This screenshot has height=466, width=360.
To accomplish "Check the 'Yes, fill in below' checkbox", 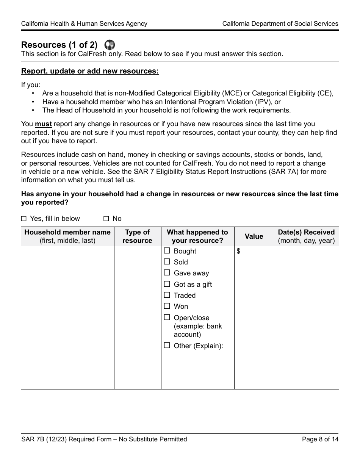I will pyautogui.click(x=24, y=219).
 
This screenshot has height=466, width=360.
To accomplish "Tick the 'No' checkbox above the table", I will pyautogui.click(x=106, y=219).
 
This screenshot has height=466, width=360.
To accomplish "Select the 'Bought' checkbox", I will pyautogui.click(x=167, y=251).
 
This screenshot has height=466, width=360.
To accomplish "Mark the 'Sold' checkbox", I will pyautogui.click(x=167, y=262).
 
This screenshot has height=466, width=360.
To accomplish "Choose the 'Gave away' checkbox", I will pyautogui.click(x=167, y=273).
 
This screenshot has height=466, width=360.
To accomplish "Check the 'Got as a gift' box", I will pyautogui.click(x=167, y=284).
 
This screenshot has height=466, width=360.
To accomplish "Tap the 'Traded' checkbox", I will pyautogui.click(x=167, y=295).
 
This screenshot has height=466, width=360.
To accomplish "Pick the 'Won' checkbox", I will pyautogui.click(x=167, y=306).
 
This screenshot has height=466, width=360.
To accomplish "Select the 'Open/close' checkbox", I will pyautogui.click(x=167, y=317).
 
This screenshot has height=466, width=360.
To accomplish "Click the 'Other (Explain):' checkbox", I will pyautogui.click(x=167, y=346).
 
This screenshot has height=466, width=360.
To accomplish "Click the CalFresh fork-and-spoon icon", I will pyautogui.click(x=109, y=45).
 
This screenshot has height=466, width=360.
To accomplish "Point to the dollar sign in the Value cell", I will pyautogui.click(x=238, y=251).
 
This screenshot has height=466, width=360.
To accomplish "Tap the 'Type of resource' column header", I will pyautogui.click(x=137, y=236).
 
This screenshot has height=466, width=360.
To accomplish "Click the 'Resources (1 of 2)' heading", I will pyautogui.click(x=59, y=45).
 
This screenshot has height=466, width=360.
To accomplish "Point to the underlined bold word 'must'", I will pyautogui.click(x=44, y=124).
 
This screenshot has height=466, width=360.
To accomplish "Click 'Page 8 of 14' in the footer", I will pyautogui.click(x=320, y=439).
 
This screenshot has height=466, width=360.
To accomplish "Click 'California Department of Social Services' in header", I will pyautogui.click(x=280, y=23).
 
